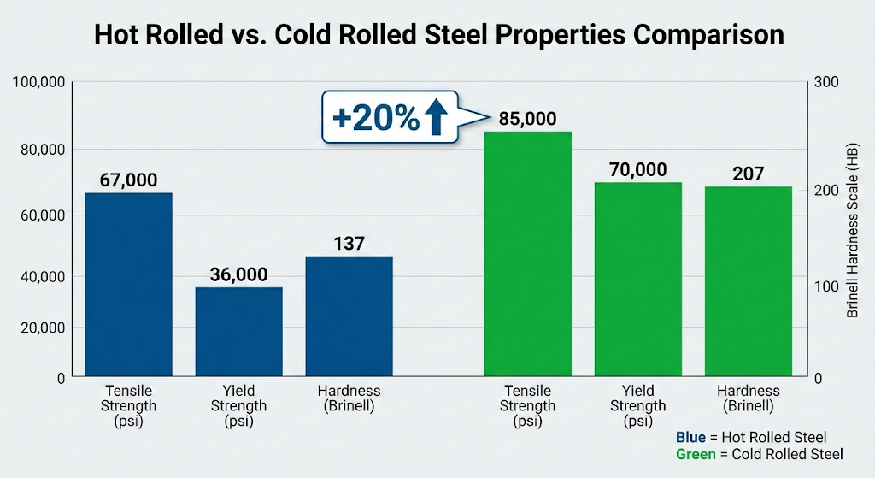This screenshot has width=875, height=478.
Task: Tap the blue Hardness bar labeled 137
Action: coord(349,316)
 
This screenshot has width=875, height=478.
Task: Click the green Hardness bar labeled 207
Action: coord(749,281)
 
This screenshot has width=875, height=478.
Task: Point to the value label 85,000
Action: coord(528,119)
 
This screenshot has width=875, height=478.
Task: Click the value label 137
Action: coord(349,244)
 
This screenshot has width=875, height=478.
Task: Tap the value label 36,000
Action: coord(238,274)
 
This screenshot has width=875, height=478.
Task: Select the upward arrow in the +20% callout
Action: coord(435,118)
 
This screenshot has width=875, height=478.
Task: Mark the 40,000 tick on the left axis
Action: coord(44,276)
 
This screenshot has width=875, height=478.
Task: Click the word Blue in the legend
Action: coord(690,438)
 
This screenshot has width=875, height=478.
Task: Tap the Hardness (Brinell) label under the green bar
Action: coord(749,398)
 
